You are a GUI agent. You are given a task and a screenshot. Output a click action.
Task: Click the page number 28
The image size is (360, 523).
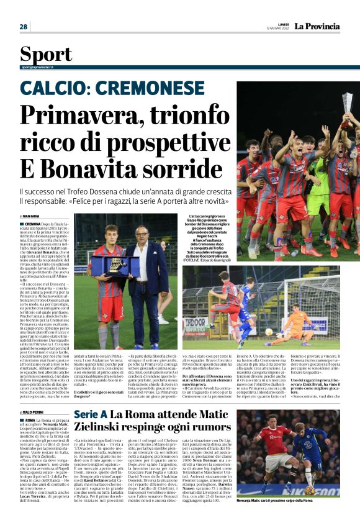[x=24, y=27]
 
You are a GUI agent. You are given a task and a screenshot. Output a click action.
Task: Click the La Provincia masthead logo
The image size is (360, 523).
[x=317, y=26]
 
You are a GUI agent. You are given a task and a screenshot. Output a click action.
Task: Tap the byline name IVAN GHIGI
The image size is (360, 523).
[x=31, y=216]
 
